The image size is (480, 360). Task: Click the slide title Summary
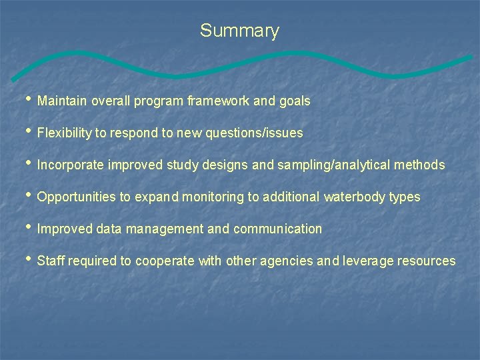tap(239, 31)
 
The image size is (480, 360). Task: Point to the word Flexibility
tap(65, 133)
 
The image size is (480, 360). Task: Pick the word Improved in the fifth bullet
tap(65, 229)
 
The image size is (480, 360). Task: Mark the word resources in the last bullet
tap(427, 261)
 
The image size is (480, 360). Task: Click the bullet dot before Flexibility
tap(28, 131)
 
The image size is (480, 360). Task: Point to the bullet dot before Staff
tap(28, 259)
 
